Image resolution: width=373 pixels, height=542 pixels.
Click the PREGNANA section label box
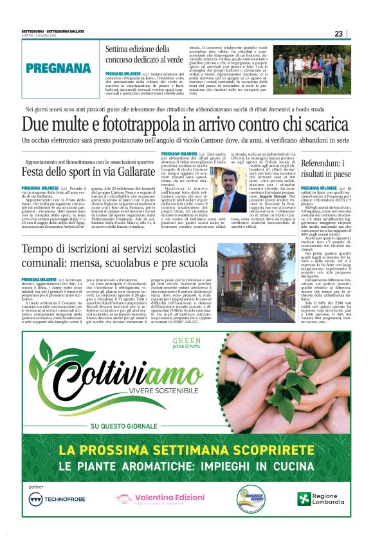click(x=59, y=68)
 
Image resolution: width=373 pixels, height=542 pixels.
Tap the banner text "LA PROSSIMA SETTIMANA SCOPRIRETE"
click(x=186, y=449)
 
